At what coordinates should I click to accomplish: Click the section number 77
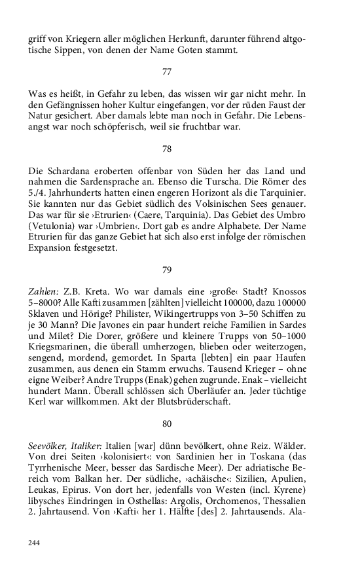pyautogui.click(x=167, y=71)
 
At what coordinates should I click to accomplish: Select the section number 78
pyautogui.click(x=167, y=149)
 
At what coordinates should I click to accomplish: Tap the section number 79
pyautogui.click(x=167, y=269)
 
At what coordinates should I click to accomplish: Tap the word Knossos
pyautogui.click(x=285, y=290)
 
